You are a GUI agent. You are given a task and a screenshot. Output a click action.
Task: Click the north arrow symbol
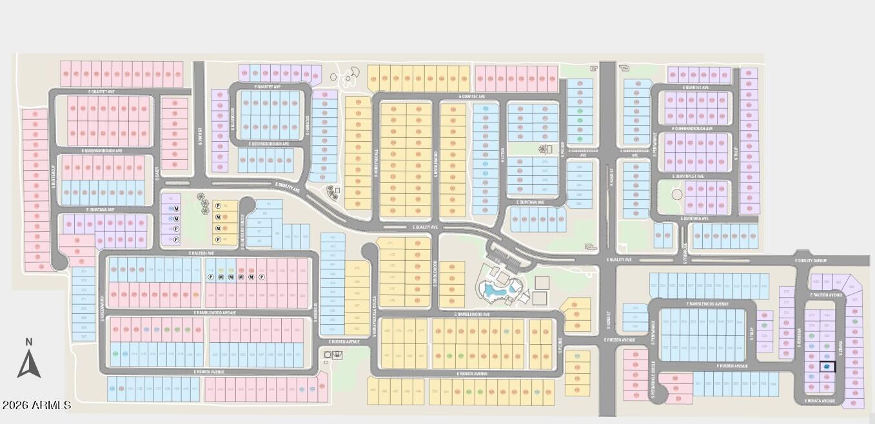[29, 365]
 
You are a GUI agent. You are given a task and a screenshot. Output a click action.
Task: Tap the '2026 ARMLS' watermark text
[37, 405]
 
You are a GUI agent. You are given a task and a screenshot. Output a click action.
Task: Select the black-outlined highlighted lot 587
[827, 367]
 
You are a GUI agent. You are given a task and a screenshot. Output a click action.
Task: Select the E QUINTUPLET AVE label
[688, 176]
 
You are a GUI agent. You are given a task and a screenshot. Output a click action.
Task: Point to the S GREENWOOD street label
[103, 307]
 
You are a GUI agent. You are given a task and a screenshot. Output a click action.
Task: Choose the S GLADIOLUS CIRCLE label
[242, 226]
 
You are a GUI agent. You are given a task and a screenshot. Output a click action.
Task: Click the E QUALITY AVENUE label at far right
[811, 260]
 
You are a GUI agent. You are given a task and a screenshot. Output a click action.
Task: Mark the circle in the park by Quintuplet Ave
[676, 193]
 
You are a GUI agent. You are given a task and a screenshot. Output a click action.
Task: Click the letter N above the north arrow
[28, 342]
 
